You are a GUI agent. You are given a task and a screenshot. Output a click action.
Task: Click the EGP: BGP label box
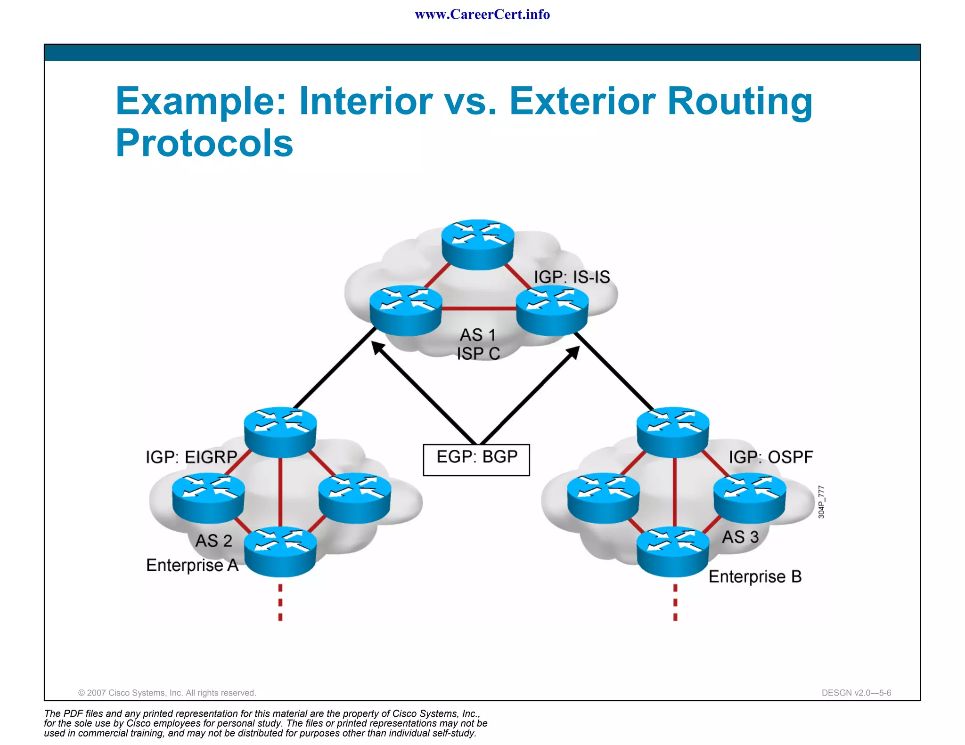pyautogui.click(x=476, y=459)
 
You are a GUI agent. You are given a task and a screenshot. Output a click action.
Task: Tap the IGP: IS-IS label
pyautogui.click(x=572, y=277)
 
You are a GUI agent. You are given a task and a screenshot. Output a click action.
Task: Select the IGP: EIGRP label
pyautogui.click(x=191, y=457)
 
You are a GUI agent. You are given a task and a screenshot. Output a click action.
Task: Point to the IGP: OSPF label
pyautogui.click(x=771, y=457)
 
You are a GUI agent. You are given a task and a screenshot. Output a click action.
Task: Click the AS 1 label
pyautogui.click(x=478, y=335)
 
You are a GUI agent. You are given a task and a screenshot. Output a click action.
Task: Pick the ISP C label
pyautogui.click(x=478, y=354)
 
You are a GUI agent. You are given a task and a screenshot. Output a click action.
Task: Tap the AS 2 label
pyautogui.click(x=214, y=541)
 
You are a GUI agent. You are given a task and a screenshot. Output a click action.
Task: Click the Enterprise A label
pyautogui.click(x=192, y=565)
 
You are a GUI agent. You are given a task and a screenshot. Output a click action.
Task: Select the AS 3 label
pyautogui.click(x=740, y=537)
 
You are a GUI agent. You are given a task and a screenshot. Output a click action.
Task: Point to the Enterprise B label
pyautogui.click(x=755, y=576)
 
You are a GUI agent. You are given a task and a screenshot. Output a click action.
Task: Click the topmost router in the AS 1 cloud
pyautogui.click(x=478, y=244)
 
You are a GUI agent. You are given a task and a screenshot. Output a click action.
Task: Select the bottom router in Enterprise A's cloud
pyautogui.click(x=280, y=551)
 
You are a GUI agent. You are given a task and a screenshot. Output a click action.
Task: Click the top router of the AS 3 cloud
pyautogui.click(x=673, y=431)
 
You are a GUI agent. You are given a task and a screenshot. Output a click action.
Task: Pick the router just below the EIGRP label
pyautogui.click(x=208, y=498)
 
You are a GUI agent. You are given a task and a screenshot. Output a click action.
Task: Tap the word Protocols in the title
pyautogui.click(x=204, y=143)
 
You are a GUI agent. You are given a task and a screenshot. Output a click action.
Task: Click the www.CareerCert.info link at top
pyautogui.click(x=482, y=15)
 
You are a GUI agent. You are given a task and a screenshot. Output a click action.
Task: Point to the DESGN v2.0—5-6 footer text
pyautogui.click(x=856, y=693)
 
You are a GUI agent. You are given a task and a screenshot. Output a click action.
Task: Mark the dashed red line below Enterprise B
pyautogui.click(x=675, y=603)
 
